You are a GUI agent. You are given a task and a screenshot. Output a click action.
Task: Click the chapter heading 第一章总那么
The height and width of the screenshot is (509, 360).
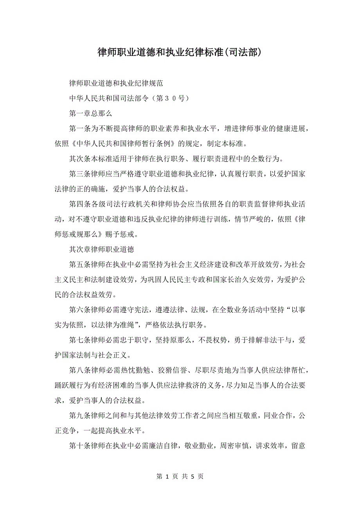[x=90, y=114]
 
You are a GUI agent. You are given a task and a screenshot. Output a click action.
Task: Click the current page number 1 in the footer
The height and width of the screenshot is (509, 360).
[x=167, y=476]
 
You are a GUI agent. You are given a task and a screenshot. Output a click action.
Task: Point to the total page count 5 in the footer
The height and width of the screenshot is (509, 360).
[x=193, y=476]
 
